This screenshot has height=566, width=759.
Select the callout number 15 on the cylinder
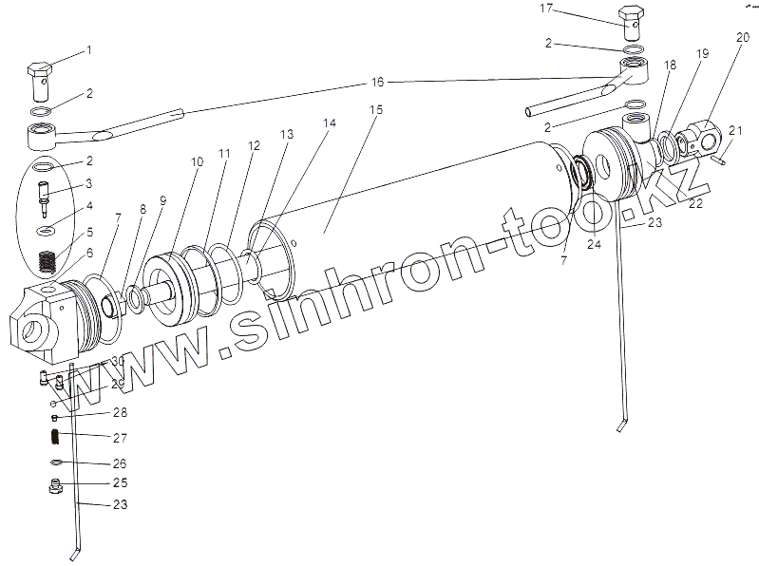pos(375,110)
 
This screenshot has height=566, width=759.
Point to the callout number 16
pos(378,84)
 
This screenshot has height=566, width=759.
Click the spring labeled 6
pos(46,258)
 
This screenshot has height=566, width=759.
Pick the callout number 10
pos(197,162)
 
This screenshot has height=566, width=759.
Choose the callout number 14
pos(330,123)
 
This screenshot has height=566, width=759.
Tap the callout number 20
pos(740,36)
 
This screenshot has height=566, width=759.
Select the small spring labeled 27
pos(55,437)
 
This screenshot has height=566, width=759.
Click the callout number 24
pos(593,242)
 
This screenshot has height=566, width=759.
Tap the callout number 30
pos(117,362)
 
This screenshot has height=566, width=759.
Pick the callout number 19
pos(702,55)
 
